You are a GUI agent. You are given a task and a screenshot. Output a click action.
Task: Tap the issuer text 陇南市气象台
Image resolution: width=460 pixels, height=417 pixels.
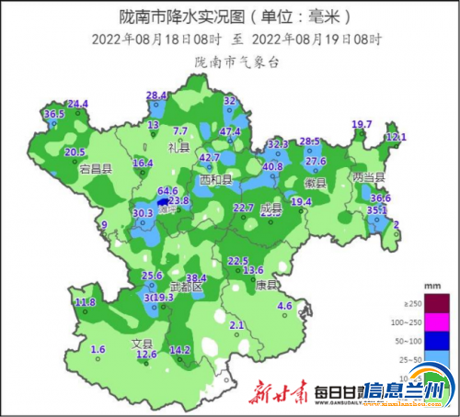pos(237,61)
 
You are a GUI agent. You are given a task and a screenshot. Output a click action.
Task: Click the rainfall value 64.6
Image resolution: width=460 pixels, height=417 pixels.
pos(167,190)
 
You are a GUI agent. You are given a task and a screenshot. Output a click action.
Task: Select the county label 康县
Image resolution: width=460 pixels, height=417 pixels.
pos(268,285)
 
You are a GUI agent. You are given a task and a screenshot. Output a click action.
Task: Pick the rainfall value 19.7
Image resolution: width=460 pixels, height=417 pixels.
pos(362,124)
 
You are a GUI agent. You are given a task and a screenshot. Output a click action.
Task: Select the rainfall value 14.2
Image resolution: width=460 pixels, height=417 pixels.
pos(180,350)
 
